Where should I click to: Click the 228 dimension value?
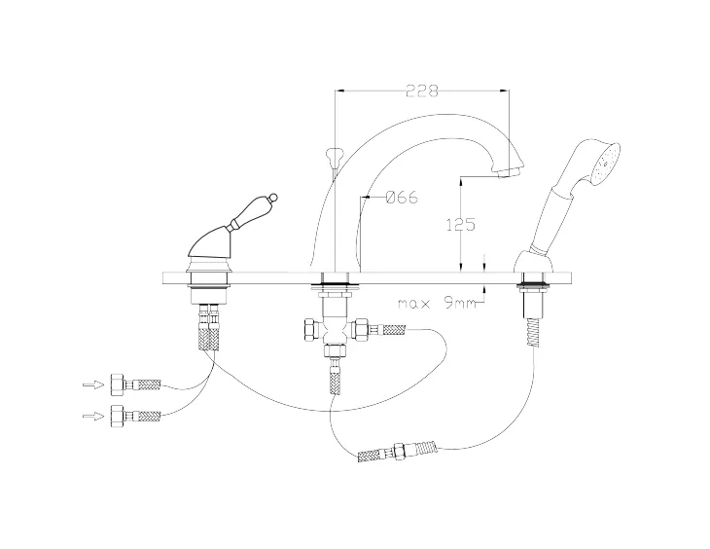click(x=422, y=91)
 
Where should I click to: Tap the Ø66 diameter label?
click(x=402, y=198)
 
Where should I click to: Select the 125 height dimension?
click(x=460, y=225)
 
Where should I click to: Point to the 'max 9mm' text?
click(x=438, y=303)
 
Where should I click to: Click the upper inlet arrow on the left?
click(x=92, y=385)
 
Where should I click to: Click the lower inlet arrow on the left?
click(x=92, y=416)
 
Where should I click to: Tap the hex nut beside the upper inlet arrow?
click(x=118, y=384)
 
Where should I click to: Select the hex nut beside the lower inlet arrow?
click(x=118, y=416)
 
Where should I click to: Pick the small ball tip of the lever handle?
click(x=273, y=198)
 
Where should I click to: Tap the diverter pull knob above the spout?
click(x=335, y=157)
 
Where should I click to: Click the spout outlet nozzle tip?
click(x=508, y=172)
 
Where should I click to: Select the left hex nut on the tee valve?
click(x=310, y=329)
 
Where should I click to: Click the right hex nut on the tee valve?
click(x=361, y=329)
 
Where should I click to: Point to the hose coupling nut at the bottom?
click(x=400, y=452)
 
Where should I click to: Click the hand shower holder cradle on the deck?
click(x=534, y=261)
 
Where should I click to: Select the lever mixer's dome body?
click(x=210, y=240)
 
